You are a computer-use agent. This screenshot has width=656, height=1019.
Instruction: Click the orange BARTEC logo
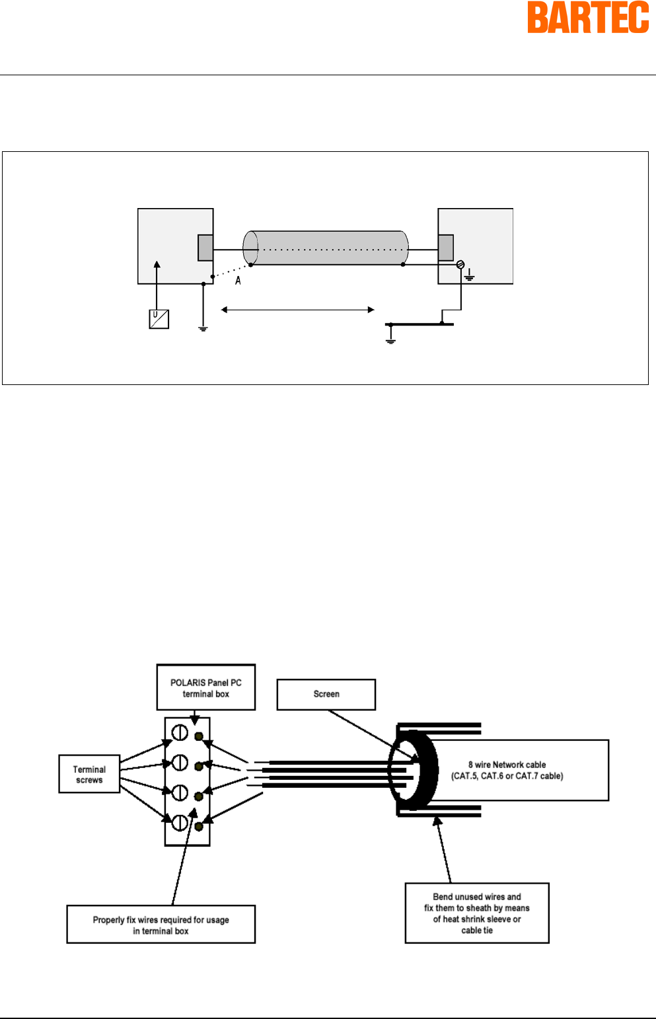click(588, 17)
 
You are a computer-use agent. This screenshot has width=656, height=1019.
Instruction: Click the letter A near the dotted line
click(237, 281)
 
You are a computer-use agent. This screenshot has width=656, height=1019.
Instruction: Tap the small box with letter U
click(159, 319)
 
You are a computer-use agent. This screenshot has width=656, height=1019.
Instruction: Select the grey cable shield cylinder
click(325, 248)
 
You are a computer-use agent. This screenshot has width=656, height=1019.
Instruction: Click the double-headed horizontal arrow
click(297, 310)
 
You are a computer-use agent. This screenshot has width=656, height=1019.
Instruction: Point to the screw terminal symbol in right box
click(460, 264)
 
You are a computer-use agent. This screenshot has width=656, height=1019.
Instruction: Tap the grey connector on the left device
click(205, 248)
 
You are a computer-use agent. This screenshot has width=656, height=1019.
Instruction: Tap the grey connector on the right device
click(446, 248)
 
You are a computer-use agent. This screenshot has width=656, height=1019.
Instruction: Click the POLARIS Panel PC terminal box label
click(205, 687)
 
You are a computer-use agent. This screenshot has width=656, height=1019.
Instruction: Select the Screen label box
click(326, 694)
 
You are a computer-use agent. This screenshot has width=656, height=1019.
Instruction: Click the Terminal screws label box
click(89, 774)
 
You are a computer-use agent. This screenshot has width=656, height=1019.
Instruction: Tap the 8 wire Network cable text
click(507, 770)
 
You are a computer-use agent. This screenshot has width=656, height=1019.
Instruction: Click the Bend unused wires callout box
click(477, 913)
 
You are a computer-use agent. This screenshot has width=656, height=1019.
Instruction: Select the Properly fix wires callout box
click(161, 925)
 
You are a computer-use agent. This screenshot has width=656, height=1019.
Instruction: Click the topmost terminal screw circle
click(180, 733)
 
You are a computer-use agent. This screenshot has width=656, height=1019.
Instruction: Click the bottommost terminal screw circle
click(180, 822)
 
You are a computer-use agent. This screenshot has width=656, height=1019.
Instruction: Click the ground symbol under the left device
click(203, 328)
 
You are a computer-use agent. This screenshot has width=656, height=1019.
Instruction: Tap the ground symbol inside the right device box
click(470, 275)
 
